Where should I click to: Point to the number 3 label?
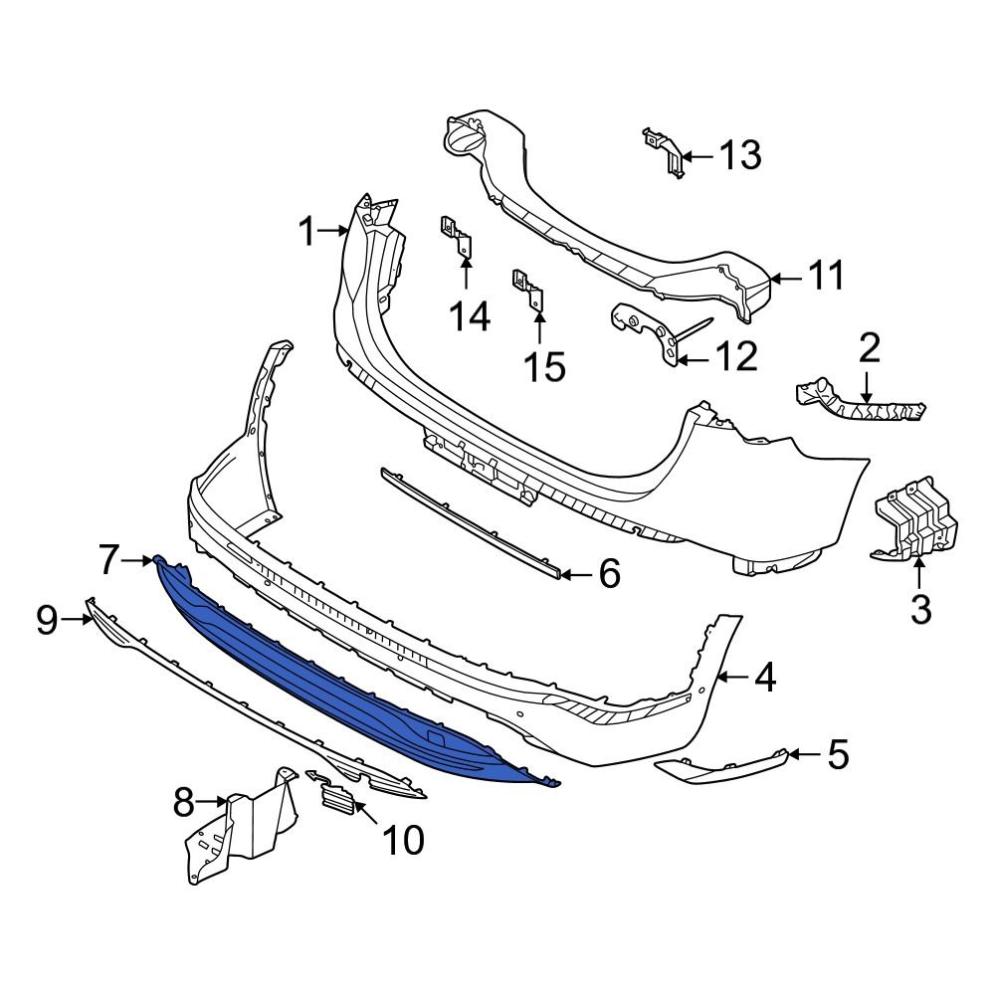[920, 608]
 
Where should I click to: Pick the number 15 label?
[545, 367]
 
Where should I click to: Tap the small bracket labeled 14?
[457, 238]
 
